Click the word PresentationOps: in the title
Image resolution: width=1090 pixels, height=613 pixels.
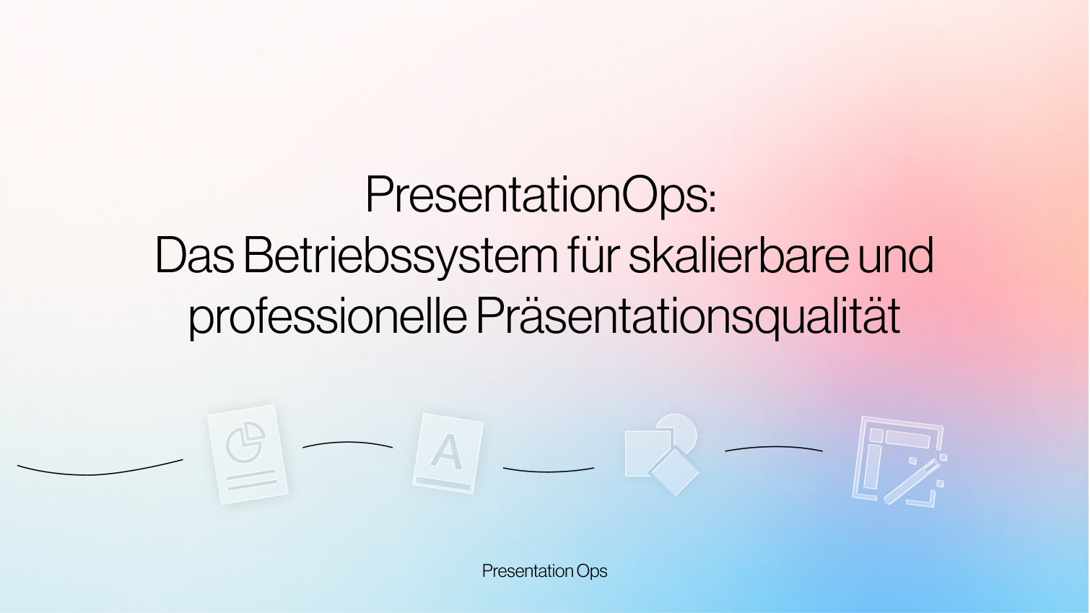click(541, 195)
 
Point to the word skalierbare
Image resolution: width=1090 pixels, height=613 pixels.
click(738, 255)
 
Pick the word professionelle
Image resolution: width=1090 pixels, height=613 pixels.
click(328, 316)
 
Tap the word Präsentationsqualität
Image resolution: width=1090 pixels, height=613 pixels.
click(688, 316)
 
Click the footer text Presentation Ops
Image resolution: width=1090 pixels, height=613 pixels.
click(544, 571)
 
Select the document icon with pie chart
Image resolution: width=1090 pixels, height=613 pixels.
click(248, 455)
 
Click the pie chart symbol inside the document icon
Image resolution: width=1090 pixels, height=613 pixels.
click(245, 442)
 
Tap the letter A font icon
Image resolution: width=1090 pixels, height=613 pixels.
click(448, 453)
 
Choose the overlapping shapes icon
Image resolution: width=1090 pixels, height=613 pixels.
click(662, 455)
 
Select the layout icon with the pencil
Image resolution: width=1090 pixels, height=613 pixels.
click(899, 461)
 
